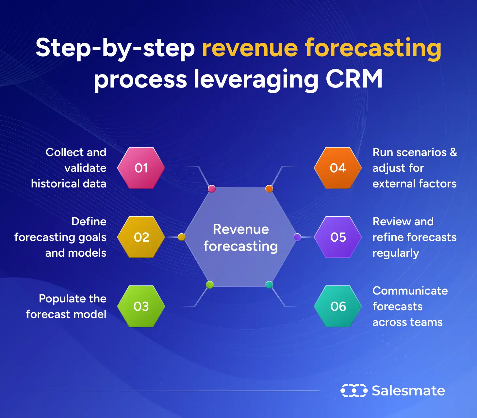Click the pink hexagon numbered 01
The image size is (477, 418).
(141, 168)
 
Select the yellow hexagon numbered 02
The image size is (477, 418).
(141, 237)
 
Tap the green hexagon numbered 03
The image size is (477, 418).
(141, 306)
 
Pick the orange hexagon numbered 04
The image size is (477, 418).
(338, 168)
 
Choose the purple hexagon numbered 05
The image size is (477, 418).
(338, 237)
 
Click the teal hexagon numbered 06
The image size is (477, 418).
(338, 306)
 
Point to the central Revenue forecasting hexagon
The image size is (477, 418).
(240, 237)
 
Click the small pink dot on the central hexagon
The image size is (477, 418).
(212, 189)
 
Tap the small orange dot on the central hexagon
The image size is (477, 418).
(269, 189)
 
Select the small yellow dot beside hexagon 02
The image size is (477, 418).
(182, 237)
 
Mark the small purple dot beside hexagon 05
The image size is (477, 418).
(297, 237)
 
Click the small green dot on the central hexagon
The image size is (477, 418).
(210, 285)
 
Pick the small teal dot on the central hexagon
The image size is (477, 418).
(269, 285)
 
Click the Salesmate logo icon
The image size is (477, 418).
(354, 391)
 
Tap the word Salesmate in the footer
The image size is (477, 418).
(408, 391)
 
